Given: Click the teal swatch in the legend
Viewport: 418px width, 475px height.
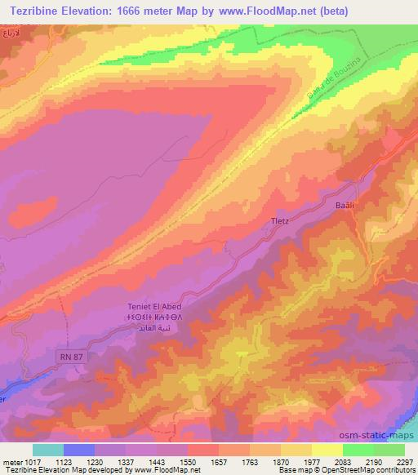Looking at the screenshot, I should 47,450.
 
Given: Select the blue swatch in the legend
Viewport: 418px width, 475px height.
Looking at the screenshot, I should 78,450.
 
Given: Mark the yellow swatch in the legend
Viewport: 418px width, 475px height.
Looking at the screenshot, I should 327,450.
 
